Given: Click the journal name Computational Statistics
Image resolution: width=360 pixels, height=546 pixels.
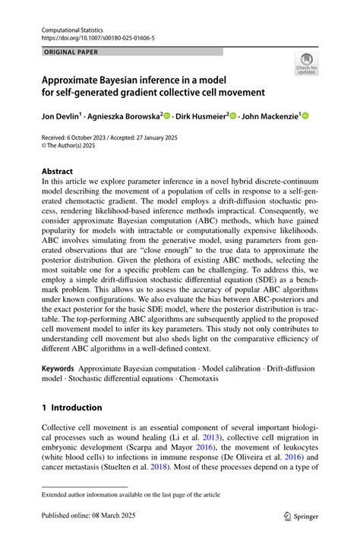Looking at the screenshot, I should coord(74,27).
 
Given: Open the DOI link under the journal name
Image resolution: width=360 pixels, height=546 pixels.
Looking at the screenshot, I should coord(98,36).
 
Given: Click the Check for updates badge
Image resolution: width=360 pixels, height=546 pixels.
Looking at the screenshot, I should coord(306,65).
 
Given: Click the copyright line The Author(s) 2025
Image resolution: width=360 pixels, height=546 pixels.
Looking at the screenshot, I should coord(74,147).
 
